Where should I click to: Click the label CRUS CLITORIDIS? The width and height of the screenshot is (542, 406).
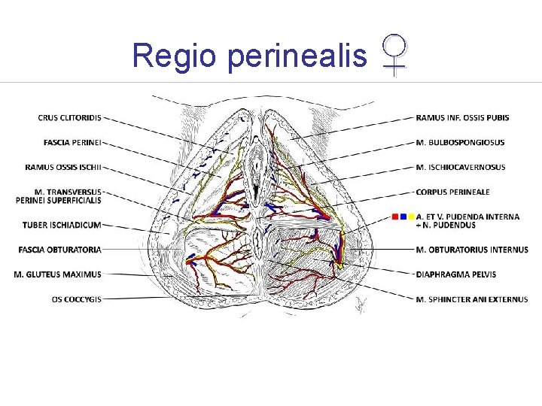click(69, 117)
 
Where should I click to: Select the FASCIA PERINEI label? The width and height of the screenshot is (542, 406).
click(72, 142)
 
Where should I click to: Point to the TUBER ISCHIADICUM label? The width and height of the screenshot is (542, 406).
click(62, 225)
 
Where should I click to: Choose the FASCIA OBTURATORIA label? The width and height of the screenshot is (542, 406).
click(59, 250)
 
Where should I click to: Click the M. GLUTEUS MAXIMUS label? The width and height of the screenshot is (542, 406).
click(57, 274)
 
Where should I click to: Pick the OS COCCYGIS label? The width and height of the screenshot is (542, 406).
click(76, 299)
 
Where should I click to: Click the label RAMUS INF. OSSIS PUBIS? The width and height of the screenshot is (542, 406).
click(462, 117)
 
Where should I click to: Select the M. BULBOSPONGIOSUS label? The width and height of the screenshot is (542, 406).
click(460, 142)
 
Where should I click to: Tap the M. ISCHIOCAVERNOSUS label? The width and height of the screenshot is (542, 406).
click(461, 167)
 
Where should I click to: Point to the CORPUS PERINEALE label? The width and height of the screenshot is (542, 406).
click(452, 192)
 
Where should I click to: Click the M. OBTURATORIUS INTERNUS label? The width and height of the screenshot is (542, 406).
click(472, 250)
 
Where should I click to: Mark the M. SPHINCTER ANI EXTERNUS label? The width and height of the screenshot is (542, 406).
click(472, 299)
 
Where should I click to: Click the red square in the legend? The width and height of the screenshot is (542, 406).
click(395, 217)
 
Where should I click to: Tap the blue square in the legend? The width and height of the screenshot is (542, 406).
click(403, 217)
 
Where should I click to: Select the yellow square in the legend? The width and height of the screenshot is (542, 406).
click(411, 217)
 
